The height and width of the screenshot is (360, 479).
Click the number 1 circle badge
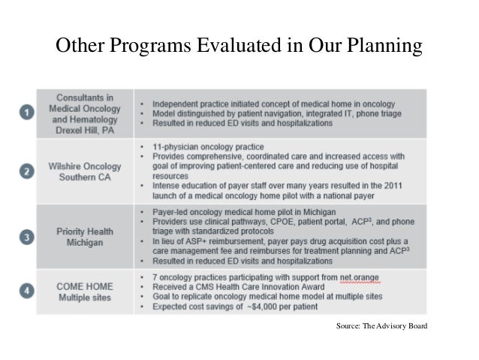pos(26,113)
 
